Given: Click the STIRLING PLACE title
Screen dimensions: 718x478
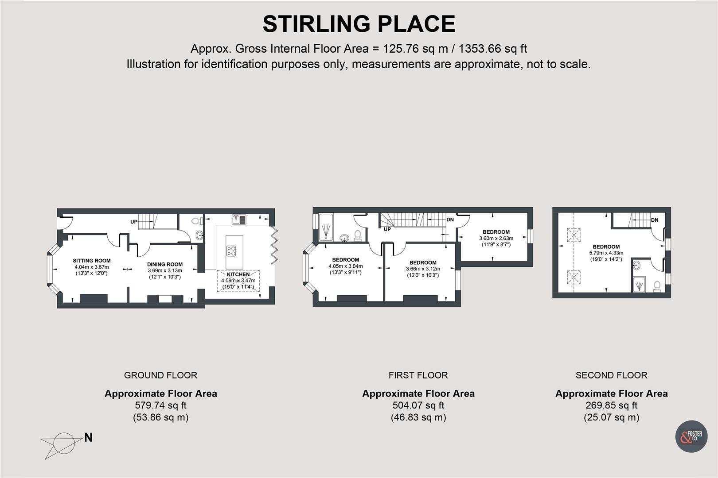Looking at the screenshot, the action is point(359,24).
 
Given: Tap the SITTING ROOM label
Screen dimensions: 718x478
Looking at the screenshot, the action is point(92,261).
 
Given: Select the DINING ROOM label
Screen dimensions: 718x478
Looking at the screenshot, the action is point(165,264).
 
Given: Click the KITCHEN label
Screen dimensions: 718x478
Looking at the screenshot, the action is point(238,274).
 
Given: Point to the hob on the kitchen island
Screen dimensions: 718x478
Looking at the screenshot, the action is point(231,251).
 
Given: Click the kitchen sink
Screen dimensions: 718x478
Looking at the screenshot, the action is point(239,220).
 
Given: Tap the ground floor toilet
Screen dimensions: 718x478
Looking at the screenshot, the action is point(196,221).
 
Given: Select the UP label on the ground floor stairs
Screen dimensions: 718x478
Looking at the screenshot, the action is point(134,222).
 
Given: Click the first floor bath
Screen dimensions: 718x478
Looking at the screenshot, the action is point(326,227).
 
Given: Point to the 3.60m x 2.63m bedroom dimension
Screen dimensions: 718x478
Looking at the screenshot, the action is point(496,238).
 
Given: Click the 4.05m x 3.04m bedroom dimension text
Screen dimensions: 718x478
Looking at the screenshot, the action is point(346,266).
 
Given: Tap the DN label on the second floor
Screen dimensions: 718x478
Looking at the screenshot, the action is point(655,220).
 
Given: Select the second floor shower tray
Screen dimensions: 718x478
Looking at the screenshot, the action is point(640,285).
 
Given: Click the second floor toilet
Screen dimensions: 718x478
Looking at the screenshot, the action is point(657,286).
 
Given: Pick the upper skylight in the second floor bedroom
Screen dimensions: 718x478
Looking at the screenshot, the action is point(574,235).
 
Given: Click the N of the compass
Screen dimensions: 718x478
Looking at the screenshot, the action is point(89,437).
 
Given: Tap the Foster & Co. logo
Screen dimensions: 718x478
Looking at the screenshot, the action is point(691,436).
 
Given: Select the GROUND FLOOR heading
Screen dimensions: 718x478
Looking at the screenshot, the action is point(160,375).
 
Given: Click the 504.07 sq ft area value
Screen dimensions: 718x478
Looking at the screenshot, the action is point(418,405).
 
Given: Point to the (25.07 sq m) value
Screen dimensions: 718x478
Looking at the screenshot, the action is point(612,417).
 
